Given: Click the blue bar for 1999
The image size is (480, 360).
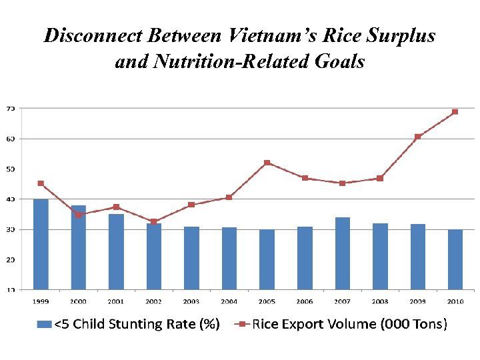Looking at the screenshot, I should point(41,244).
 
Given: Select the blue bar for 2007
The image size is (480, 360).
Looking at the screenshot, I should point(342,253).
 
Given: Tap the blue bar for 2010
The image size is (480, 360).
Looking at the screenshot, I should point(455,259).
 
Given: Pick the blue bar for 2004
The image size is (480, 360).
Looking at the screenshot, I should point(229,258).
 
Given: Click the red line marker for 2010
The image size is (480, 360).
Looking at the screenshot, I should point(455,112).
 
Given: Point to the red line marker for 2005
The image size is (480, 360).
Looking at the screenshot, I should point(267,163).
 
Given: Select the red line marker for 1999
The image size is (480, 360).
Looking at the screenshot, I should point(41,183).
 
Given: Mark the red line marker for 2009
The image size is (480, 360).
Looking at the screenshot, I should point(417,137).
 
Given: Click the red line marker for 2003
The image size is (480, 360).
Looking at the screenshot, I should point(191,205).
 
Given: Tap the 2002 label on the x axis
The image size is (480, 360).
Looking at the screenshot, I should point(154,301).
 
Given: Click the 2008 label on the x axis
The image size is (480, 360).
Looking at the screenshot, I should point(380,301).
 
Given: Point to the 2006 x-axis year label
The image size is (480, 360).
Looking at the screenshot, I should point(305,301).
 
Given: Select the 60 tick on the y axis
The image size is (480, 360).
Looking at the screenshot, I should point(11,139).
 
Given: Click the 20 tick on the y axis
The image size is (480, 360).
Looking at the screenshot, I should point(11,259).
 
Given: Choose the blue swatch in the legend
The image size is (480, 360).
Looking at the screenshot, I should point(43,325).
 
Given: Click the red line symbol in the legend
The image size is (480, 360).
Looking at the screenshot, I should point(241,325).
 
